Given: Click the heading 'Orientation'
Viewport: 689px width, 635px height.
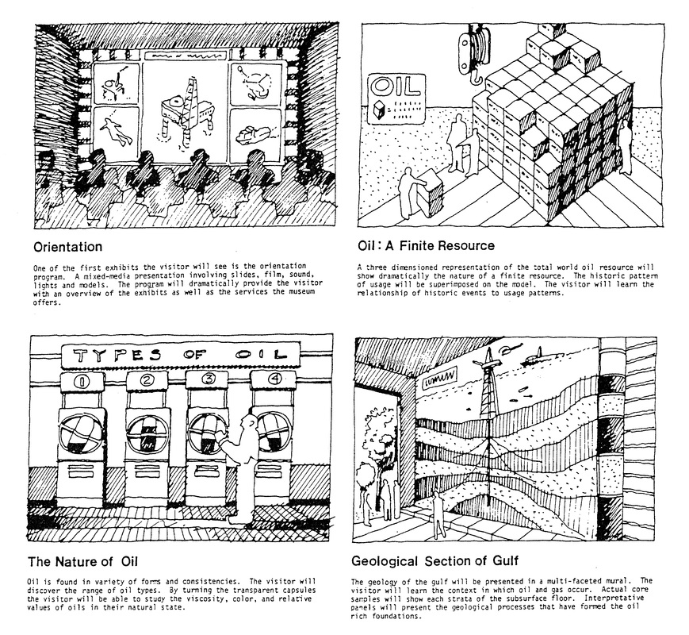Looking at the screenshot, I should pyautogui.click(x=67, y=246).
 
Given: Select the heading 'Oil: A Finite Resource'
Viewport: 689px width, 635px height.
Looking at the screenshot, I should pyautogui.click(x=425, y=246).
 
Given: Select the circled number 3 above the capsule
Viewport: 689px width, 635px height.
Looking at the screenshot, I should pyautogui.click(x=208, y=380).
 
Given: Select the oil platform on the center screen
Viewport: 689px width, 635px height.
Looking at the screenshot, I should pyautogui.click(x=182, y=114).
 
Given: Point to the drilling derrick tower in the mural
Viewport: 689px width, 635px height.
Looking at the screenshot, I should pyautogui.click(x=485, y=397).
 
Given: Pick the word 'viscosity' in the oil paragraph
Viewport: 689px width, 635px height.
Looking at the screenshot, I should pyautogui.click(x=186, y=600).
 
